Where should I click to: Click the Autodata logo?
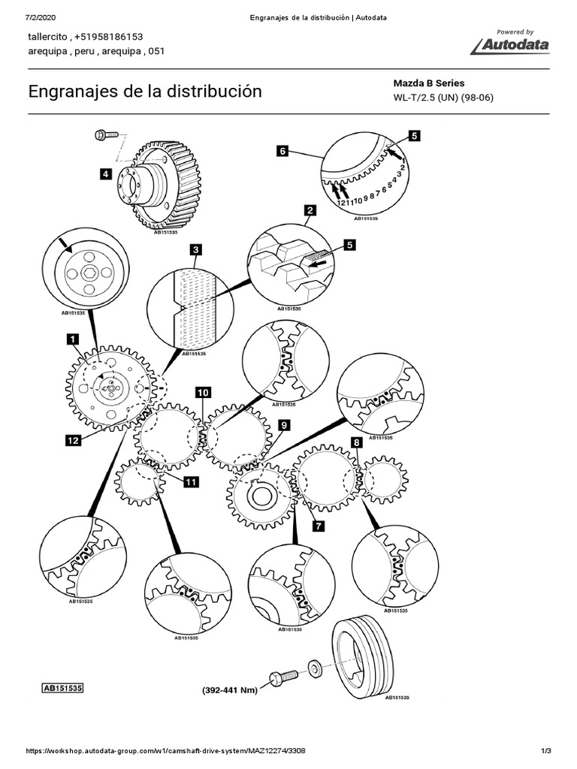(x=510, y=42)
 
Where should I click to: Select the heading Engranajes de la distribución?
(x=145, y=91)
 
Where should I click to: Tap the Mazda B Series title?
(x=428, y=83)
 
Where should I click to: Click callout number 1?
(x=73, y=339)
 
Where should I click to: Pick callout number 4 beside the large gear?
(x=105, y=173)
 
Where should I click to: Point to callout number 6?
(x=282, y=151)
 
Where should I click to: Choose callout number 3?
(x=196, y=250)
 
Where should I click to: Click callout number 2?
(x=310, y=211)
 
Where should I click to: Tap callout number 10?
(x=203, y=392)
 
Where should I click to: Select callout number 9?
(x=284, y=425)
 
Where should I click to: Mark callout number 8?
(x=357, y=443)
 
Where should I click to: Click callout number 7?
(x=319, y=526)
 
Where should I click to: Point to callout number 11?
(x=191, y=482)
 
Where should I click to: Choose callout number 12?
(x=73, y=440)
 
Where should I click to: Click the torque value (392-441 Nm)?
(x=230, y=690)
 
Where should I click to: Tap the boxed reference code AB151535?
(x=63, y=688)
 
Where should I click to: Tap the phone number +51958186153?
(x=109, y=37)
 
